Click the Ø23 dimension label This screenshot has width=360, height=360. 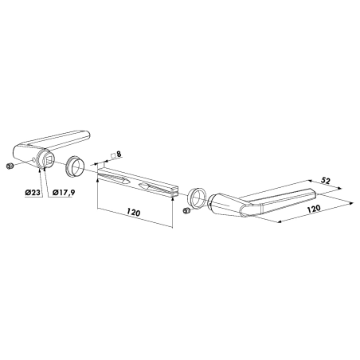pos(33,192)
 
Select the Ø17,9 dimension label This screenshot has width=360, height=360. pos(64,193)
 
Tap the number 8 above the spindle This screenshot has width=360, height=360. pos(119,154)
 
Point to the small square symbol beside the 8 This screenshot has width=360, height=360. pos(113,155)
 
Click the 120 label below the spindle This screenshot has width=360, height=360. pos(133,212)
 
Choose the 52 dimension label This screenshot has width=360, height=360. pos(325,181)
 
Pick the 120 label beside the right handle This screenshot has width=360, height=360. pos(314,209)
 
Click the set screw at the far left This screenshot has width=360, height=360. pos(10,166)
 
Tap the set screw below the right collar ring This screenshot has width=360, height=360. pos(186,211)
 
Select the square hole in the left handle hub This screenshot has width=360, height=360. pos(49,159)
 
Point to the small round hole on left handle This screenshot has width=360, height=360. pos(33,159)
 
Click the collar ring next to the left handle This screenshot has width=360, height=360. pos(75,166)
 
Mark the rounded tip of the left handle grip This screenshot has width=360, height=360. pos(87,135)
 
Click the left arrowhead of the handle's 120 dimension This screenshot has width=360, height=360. pos(280,221)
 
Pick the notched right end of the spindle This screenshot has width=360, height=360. pos(174,193)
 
